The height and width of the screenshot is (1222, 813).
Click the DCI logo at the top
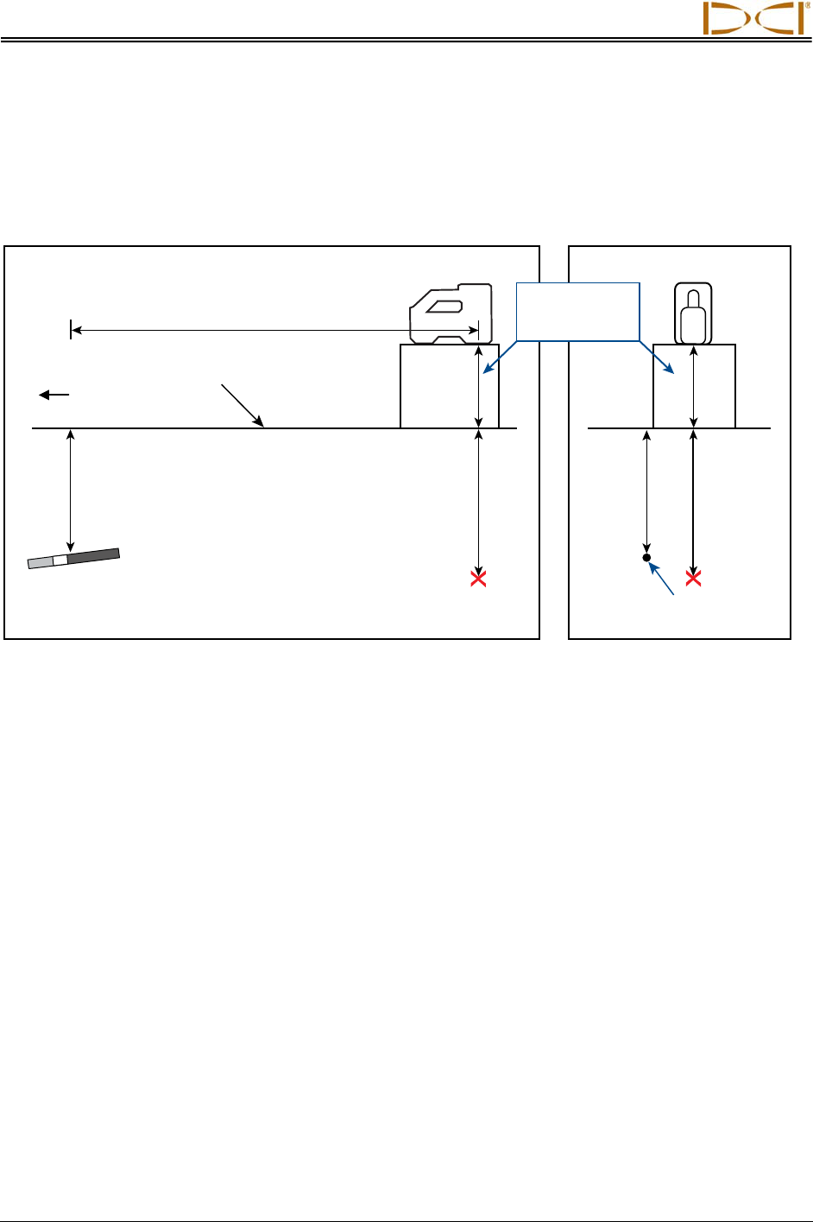[754, 18]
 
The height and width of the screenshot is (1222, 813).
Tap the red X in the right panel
[693, 579]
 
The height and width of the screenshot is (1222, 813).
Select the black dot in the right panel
[647, 558]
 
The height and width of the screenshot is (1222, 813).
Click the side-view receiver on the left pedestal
[450, 313]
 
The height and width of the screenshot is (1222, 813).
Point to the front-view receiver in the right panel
[694, 313]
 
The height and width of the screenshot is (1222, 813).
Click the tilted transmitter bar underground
[73, 558]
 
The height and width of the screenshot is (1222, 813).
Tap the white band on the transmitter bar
[60, 560]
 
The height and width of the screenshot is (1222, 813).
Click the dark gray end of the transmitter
[93, 555]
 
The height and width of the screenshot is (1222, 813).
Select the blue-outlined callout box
[577, 311]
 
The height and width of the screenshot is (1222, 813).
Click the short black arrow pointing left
[54, 395]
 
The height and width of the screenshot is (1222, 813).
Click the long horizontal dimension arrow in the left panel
[274, 329]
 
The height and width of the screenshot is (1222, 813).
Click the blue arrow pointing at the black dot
[663, 579]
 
